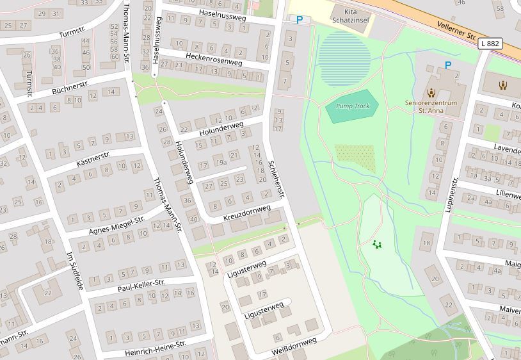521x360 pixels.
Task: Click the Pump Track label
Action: point(353,106)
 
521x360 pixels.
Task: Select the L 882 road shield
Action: point(490,44)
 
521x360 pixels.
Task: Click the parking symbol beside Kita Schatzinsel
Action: point(299,20)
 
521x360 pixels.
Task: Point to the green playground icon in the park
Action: point(377,244)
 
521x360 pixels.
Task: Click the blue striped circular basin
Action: point(345,58)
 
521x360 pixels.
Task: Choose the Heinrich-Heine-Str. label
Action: point(155,348)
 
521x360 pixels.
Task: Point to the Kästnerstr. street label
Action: point(93,159)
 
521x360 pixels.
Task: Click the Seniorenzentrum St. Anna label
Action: point(431,106)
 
